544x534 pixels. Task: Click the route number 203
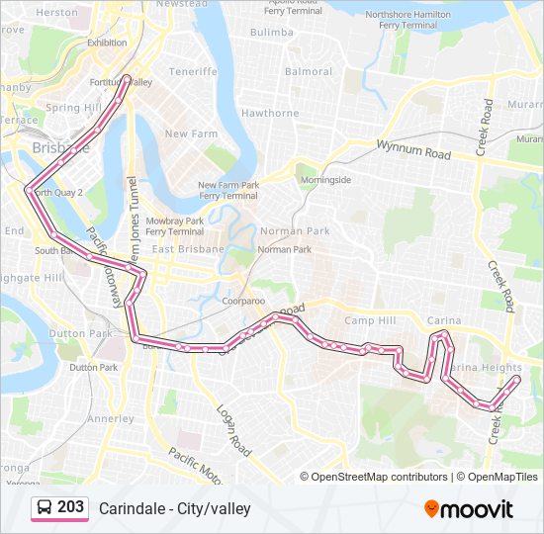[x=70, y=506]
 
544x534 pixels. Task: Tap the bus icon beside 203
[x=45, y=507]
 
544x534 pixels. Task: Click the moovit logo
[x=469, y=508]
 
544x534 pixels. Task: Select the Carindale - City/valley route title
[x=174, y=508]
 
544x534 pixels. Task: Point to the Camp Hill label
[x=369, y=321]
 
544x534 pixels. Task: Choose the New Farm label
[x=191, y=133]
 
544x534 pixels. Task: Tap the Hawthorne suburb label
[x=270, y=114]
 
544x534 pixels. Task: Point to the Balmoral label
[x=309, y=71]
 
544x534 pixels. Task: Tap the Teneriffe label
[x=192, y=71]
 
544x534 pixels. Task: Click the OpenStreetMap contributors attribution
[x=377, y=477]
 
